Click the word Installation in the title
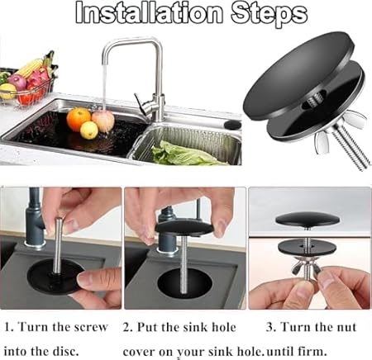click(149, 12)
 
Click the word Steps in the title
click(269, 14)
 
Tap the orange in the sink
click(79, 119)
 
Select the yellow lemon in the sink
click(89, 130)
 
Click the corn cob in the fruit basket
click(30, 68)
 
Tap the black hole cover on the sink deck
click(232, 125)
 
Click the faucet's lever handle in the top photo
click(141, 105)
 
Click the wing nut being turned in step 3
click(307, 266)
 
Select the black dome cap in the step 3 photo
click(308, 219)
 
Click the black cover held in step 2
click(184, 228)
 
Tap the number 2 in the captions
click(126, 327)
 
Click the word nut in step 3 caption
click(345, 327)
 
